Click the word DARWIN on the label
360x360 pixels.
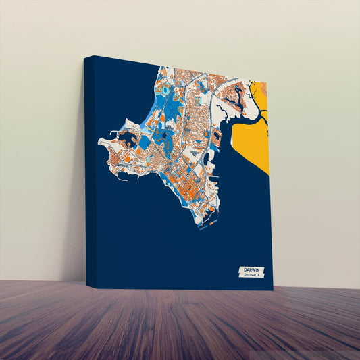pos(251,270)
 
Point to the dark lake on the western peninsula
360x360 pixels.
pos(127,140)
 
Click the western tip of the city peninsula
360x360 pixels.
pos(101,143)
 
